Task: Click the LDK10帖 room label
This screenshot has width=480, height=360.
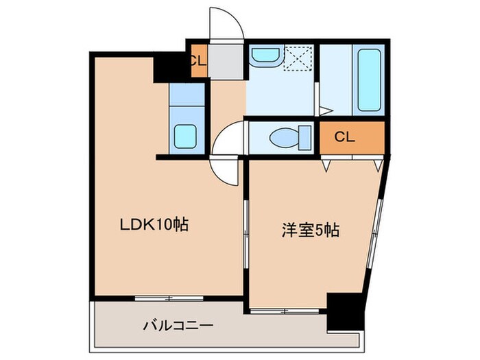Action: pos(155,224)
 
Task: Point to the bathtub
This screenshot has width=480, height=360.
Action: pos(369,80)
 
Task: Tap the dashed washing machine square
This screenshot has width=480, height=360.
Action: pos(299,57)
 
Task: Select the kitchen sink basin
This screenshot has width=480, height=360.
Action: pos(187,136)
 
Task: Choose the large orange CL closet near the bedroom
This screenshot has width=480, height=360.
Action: pos(352,137)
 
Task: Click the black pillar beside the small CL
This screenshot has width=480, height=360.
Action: pos(171,67)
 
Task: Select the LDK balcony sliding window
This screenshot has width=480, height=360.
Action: pos(169,298)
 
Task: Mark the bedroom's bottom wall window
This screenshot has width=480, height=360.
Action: pos(282,311)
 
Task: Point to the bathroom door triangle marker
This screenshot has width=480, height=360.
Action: pos(324,110)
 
